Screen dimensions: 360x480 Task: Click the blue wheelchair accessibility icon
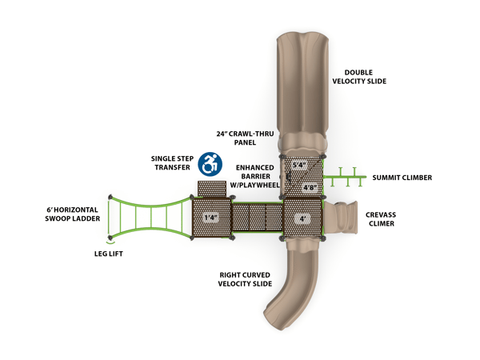pyautogui.click(x=210, y=164)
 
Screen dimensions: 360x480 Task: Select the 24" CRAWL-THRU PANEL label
pyautogui.click(x=236, y=138)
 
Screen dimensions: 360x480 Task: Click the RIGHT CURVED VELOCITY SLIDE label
pyautogui.click(x=245, y=279)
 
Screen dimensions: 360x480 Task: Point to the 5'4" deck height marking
pyautogui.click(x=300, y=166)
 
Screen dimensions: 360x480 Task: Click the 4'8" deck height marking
pyautogui.click(x=310, y=189)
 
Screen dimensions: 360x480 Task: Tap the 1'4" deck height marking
pyautogui.click(x=210, y=217)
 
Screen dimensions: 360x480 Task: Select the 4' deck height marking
pyautogui.click(x=302, y=218)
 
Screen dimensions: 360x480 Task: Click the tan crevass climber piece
pyautogui.click(x=342, y=217)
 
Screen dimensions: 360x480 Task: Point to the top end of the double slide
pyautogui.click(x=301, y=44)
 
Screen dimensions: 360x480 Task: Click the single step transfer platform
pyautogui.click(x=212, y=188)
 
